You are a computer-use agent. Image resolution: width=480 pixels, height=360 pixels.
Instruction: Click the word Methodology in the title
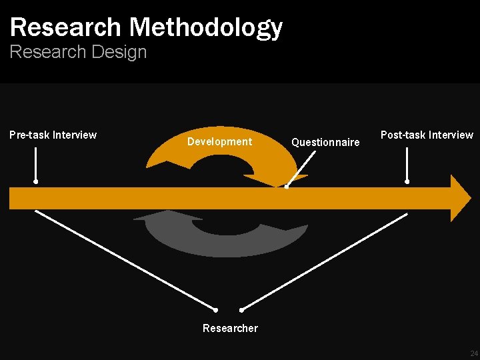206,27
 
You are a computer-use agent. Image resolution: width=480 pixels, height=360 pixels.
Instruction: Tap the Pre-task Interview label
53,135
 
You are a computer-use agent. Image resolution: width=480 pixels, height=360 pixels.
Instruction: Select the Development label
219,141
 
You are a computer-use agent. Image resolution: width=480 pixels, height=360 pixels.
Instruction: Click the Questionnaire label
325,142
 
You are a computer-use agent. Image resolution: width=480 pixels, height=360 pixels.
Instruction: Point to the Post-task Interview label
427,135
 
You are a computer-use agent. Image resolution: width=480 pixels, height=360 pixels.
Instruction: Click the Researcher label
230,328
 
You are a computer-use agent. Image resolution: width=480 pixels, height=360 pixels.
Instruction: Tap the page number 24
474,353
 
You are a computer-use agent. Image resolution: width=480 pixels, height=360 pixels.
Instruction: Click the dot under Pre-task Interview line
36,181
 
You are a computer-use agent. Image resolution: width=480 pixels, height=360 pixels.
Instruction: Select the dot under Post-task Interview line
407,181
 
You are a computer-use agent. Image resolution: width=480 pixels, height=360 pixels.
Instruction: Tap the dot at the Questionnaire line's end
287,187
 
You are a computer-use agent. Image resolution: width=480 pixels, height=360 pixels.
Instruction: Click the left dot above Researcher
216,310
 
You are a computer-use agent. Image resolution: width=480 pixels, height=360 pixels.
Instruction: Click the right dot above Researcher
241,310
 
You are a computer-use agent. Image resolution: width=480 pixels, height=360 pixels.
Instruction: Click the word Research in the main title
65,27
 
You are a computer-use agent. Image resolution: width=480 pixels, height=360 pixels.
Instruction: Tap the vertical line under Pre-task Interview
36,163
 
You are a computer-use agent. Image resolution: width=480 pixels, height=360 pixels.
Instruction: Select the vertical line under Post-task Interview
407,163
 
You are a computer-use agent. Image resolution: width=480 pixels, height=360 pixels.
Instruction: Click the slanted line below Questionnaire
301,167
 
